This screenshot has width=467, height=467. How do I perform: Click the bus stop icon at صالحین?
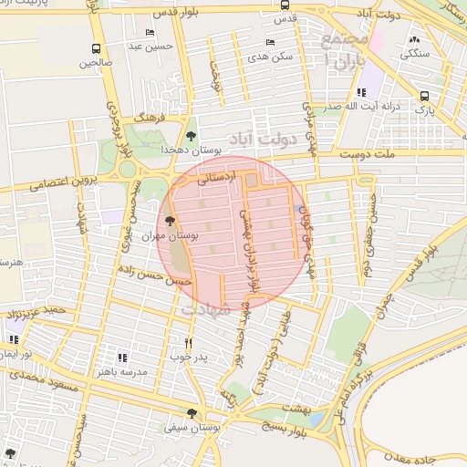[97, 48]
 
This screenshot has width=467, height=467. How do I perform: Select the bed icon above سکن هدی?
[269, 42]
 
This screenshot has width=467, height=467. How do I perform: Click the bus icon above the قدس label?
[285, 5]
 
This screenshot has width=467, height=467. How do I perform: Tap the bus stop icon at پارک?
[425, 96]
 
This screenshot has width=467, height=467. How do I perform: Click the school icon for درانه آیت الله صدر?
[361, 92]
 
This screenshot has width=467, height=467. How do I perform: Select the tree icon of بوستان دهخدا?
[191, 135]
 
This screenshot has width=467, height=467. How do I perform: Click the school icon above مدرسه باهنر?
[122, 358]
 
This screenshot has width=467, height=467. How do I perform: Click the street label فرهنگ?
[148, 119]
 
